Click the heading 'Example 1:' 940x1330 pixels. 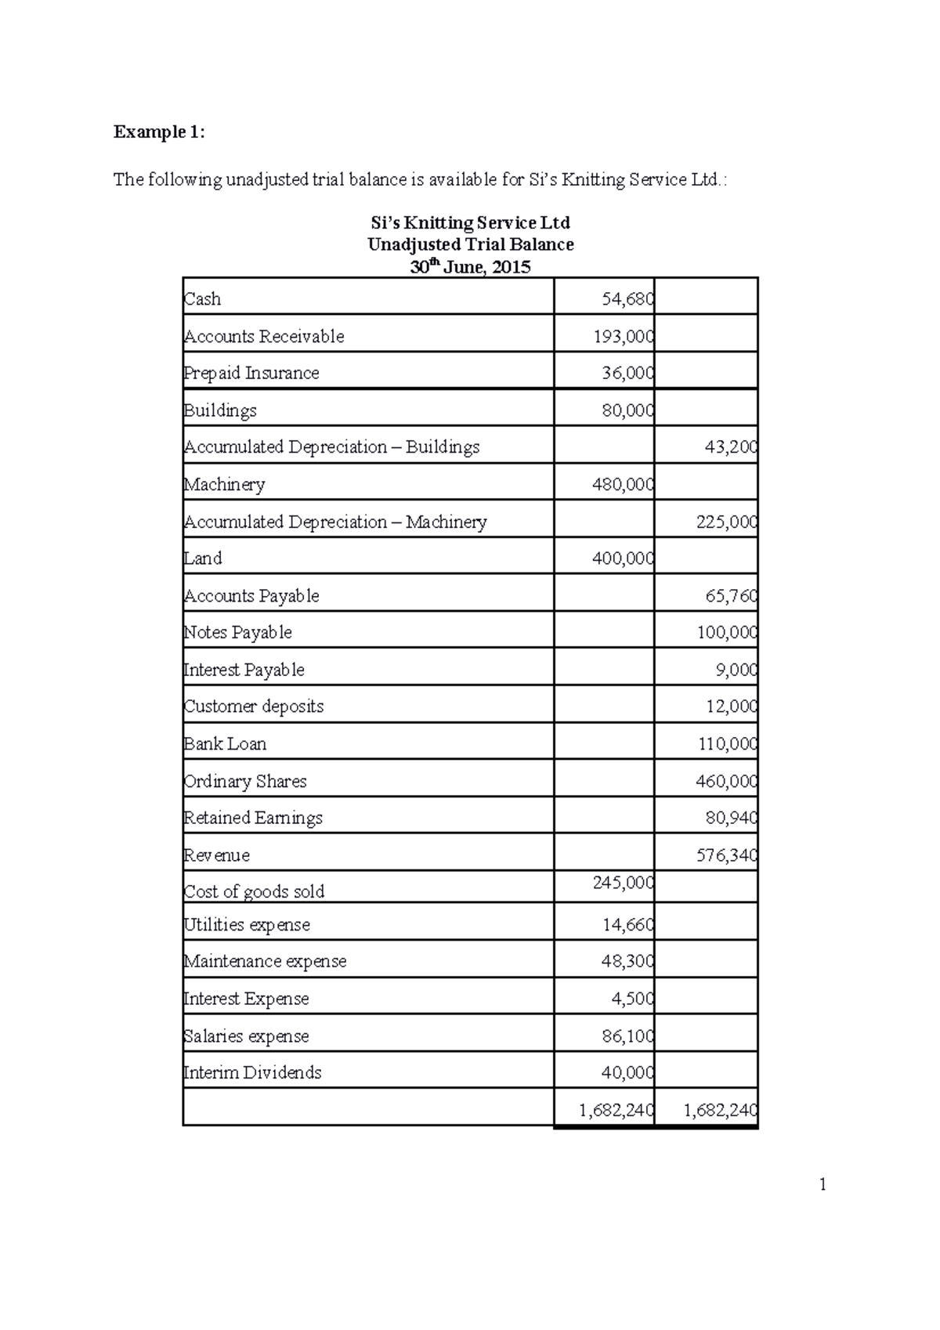click(159, 132)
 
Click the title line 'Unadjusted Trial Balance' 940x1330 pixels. click(471, 244)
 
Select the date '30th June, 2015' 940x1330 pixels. click(471, 267)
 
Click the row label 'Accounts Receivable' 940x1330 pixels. click(264, 337)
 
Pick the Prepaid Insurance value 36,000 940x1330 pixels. click(627, 374)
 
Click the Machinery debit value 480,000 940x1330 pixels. click(623, 485)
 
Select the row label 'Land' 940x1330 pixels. click(203, 558)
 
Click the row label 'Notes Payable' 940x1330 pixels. click(237, 633)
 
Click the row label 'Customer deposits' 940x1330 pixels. click(253, 707)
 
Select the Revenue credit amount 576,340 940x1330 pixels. click(726, 855)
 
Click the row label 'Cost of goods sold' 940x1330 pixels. click(254, 892)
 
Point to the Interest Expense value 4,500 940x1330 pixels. click(632, 999)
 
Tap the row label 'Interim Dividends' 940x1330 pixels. click(252, 1073)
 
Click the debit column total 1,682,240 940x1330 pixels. click(616, 1110)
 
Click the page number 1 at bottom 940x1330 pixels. click(822, 1184)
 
